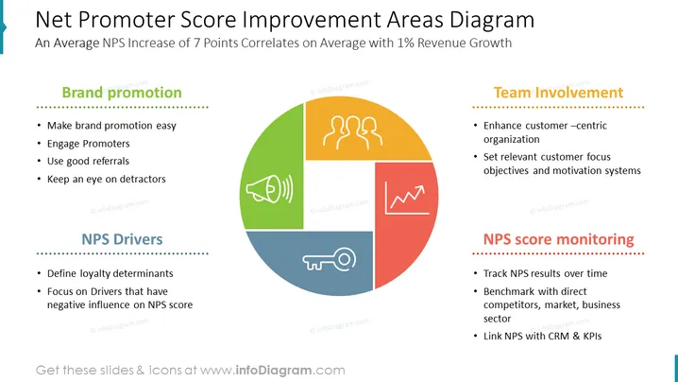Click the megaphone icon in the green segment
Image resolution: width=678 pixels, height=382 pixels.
coord(269,189)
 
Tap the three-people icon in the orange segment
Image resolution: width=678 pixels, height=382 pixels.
coord(352,132)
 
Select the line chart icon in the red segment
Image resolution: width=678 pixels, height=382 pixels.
coord(406,198)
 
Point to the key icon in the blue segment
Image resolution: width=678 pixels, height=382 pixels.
coord(329,260)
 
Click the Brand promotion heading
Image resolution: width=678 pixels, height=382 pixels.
coord(122,93)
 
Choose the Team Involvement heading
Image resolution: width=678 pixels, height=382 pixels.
coord(558,93)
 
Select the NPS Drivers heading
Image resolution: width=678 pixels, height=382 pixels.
coord(122,239)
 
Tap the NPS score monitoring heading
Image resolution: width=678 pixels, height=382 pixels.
coord(558,239)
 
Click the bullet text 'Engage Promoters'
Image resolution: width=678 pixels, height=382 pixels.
coord(88,144)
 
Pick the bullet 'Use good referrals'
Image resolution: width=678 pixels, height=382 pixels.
coord(88,161)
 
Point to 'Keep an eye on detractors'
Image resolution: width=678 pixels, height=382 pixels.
coord(107,179)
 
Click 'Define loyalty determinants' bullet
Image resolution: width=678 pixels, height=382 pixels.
coord(110,273)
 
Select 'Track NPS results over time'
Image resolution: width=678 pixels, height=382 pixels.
coord(545,273)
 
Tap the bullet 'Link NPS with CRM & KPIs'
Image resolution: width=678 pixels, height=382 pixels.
coord(542,336)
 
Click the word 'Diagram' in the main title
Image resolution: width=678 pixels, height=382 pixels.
coord(492,20)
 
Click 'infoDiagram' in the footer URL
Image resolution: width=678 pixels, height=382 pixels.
coord(273,371)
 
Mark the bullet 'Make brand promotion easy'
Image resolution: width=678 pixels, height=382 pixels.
coord(111,126)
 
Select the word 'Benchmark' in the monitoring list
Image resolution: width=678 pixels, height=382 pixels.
coord(508,291)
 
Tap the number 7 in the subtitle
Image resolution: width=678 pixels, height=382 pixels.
coord(196,43)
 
